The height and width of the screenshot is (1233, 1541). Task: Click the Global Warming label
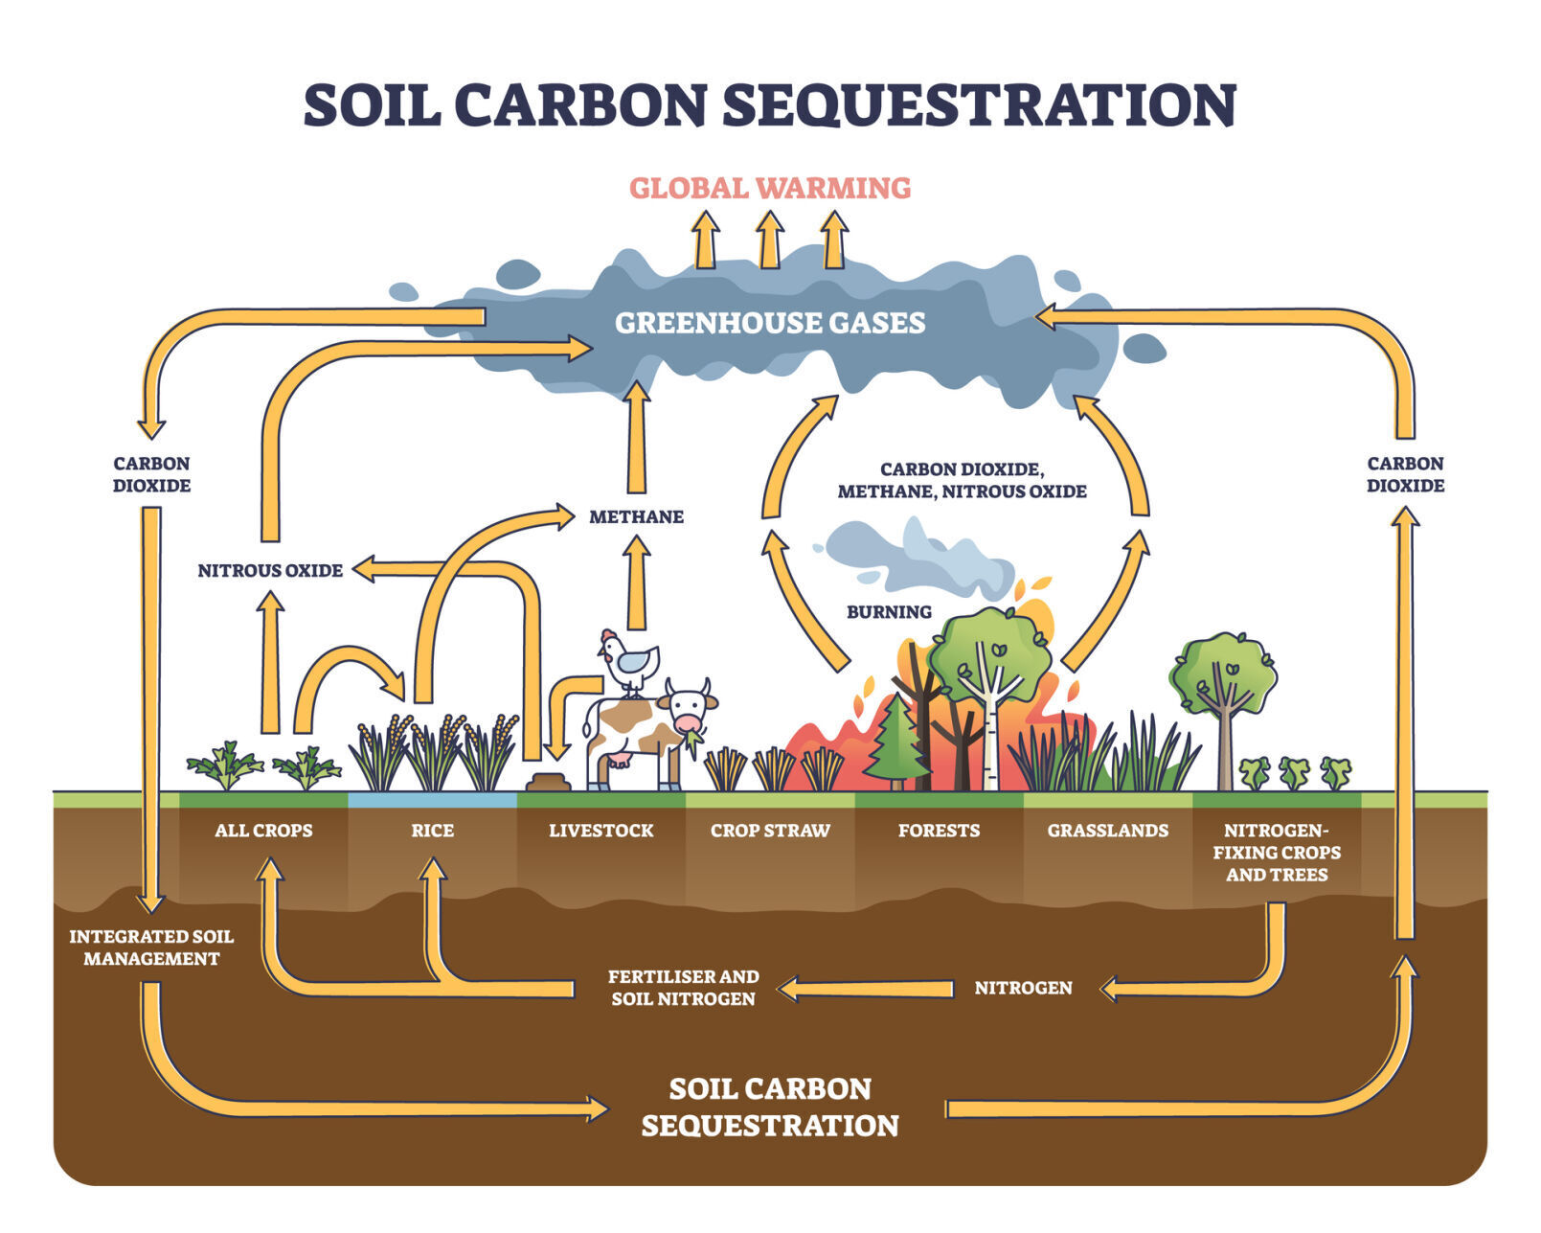770,188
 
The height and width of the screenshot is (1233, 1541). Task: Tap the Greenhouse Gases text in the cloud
770,323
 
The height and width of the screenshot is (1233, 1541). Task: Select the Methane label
636,517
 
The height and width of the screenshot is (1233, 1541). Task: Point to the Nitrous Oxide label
270,571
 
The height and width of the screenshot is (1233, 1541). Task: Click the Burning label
889,612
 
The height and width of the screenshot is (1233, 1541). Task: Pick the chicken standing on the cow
630,661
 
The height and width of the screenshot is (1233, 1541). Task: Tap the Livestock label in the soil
601,831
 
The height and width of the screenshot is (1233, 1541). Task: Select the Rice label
433,831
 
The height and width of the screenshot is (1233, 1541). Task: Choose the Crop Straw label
770,831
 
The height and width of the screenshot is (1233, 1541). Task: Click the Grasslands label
1108,831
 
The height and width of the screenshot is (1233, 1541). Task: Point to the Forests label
939,831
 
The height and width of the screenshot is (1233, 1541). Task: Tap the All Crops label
263,831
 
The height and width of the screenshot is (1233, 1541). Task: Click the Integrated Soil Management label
151,948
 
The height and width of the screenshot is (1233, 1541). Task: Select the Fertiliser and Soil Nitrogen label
684,988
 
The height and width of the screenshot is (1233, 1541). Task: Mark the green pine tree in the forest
896,740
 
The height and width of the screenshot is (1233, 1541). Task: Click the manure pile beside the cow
548,783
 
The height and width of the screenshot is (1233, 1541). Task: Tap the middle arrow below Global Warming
770,240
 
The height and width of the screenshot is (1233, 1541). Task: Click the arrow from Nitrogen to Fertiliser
867,989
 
